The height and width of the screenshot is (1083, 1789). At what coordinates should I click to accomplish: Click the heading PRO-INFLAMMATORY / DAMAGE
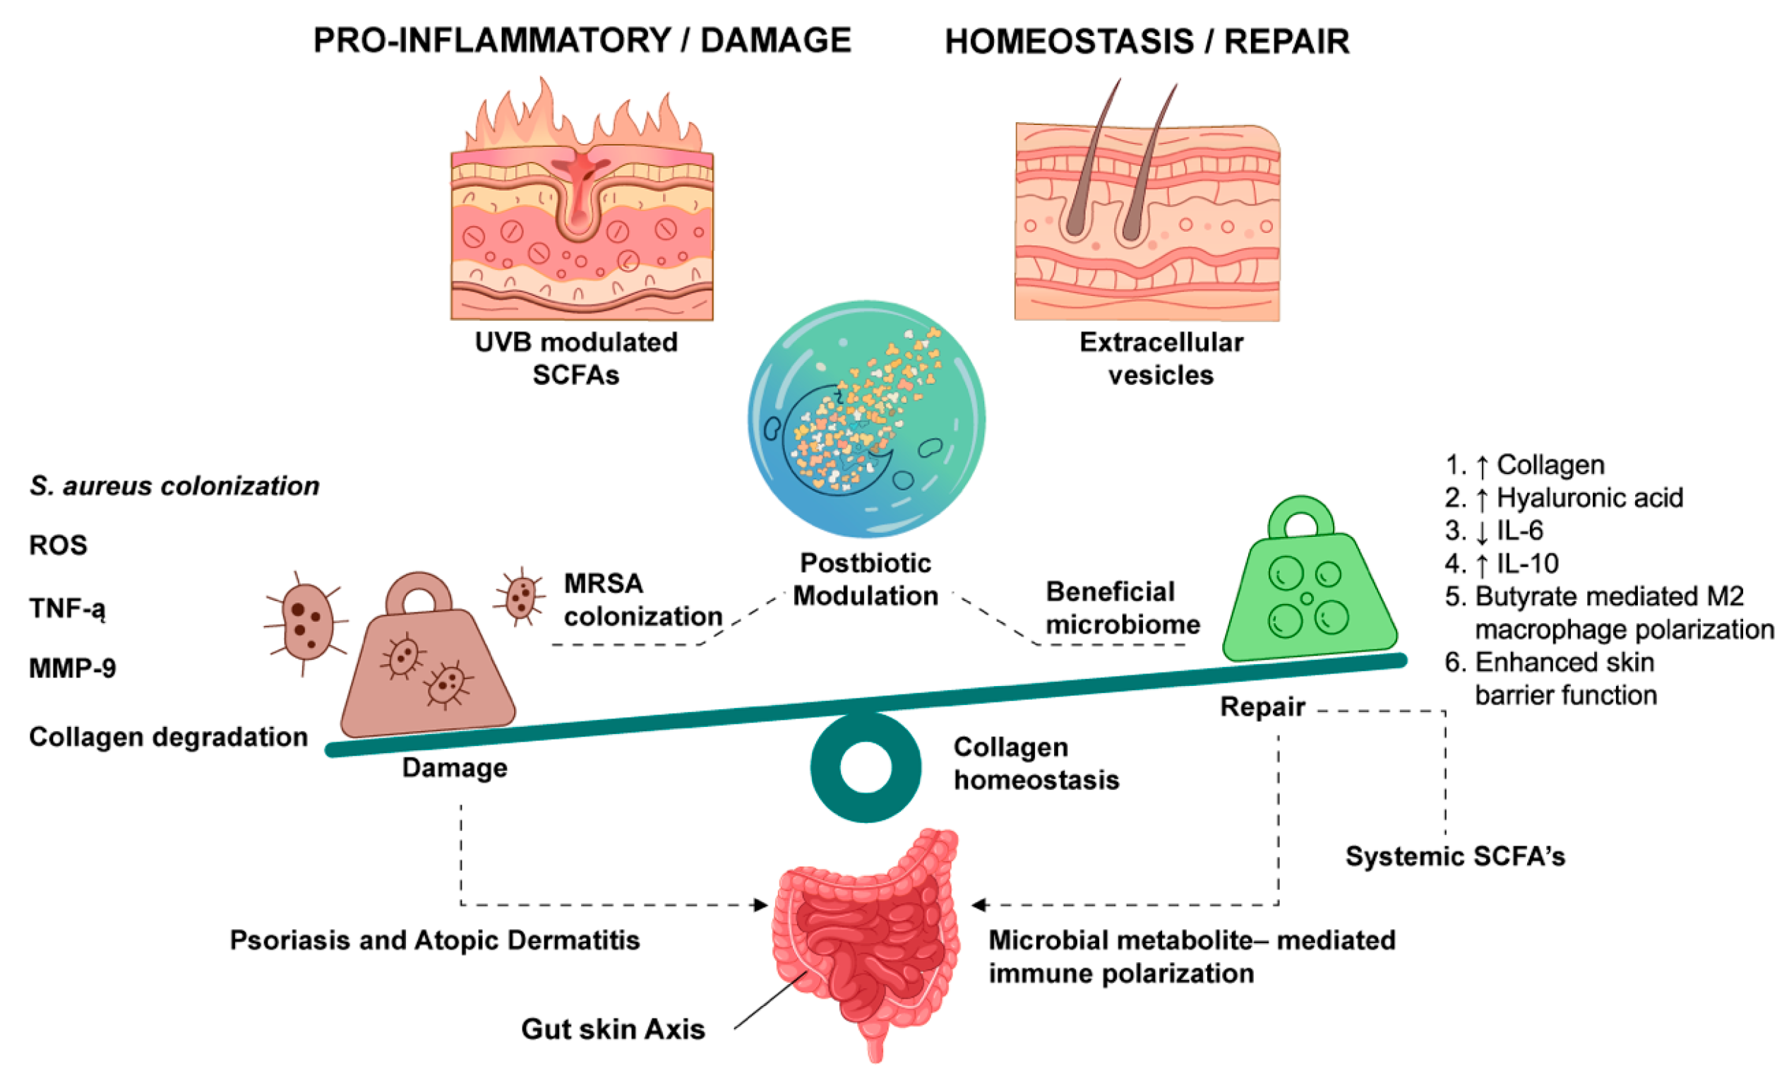pyautogui.click(x=582, y=41)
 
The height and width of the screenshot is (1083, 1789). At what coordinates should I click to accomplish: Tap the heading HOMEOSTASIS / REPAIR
pyautogui.click(x=1147, y=42)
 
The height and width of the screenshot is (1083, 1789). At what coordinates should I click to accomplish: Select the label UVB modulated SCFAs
pyautogui.click(x=576, y=358)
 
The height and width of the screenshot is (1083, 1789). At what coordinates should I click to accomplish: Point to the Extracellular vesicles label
pyautogui.click(x=1161, y=358)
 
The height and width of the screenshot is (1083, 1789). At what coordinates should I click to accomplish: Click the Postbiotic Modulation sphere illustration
pyautogui.click(x=866, y=419)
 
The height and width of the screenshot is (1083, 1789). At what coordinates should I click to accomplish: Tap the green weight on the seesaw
pyautogui.click(x=1309, y=579)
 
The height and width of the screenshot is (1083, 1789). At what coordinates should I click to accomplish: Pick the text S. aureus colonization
pyautogui.click(x=174, y=486)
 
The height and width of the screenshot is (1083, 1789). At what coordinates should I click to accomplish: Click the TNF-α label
pyautogui.click(x=68, y=608)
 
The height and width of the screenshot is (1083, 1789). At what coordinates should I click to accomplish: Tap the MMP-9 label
pyautogui.click(x=73, y=668)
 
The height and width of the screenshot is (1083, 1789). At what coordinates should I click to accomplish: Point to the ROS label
pyautogui.click(x=58, y=545)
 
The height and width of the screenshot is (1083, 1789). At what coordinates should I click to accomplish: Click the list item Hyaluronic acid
pyautogui.click(x=1564, y=497)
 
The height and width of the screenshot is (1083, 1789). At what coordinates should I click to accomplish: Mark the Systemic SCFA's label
pyautogui.click(x=1455, y=856)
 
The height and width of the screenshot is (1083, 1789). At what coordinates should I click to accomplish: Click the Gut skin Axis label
pyautogui.click(x=613, y=1029)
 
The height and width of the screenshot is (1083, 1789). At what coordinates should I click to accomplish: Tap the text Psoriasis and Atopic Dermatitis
pyautogui.click(x=435, y=940)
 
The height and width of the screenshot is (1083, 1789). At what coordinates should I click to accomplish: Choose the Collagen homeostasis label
pyautogui.click(x=1036, y=764)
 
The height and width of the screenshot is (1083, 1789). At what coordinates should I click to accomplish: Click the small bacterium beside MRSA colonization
pyautogui.click(x=520, y=596)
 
